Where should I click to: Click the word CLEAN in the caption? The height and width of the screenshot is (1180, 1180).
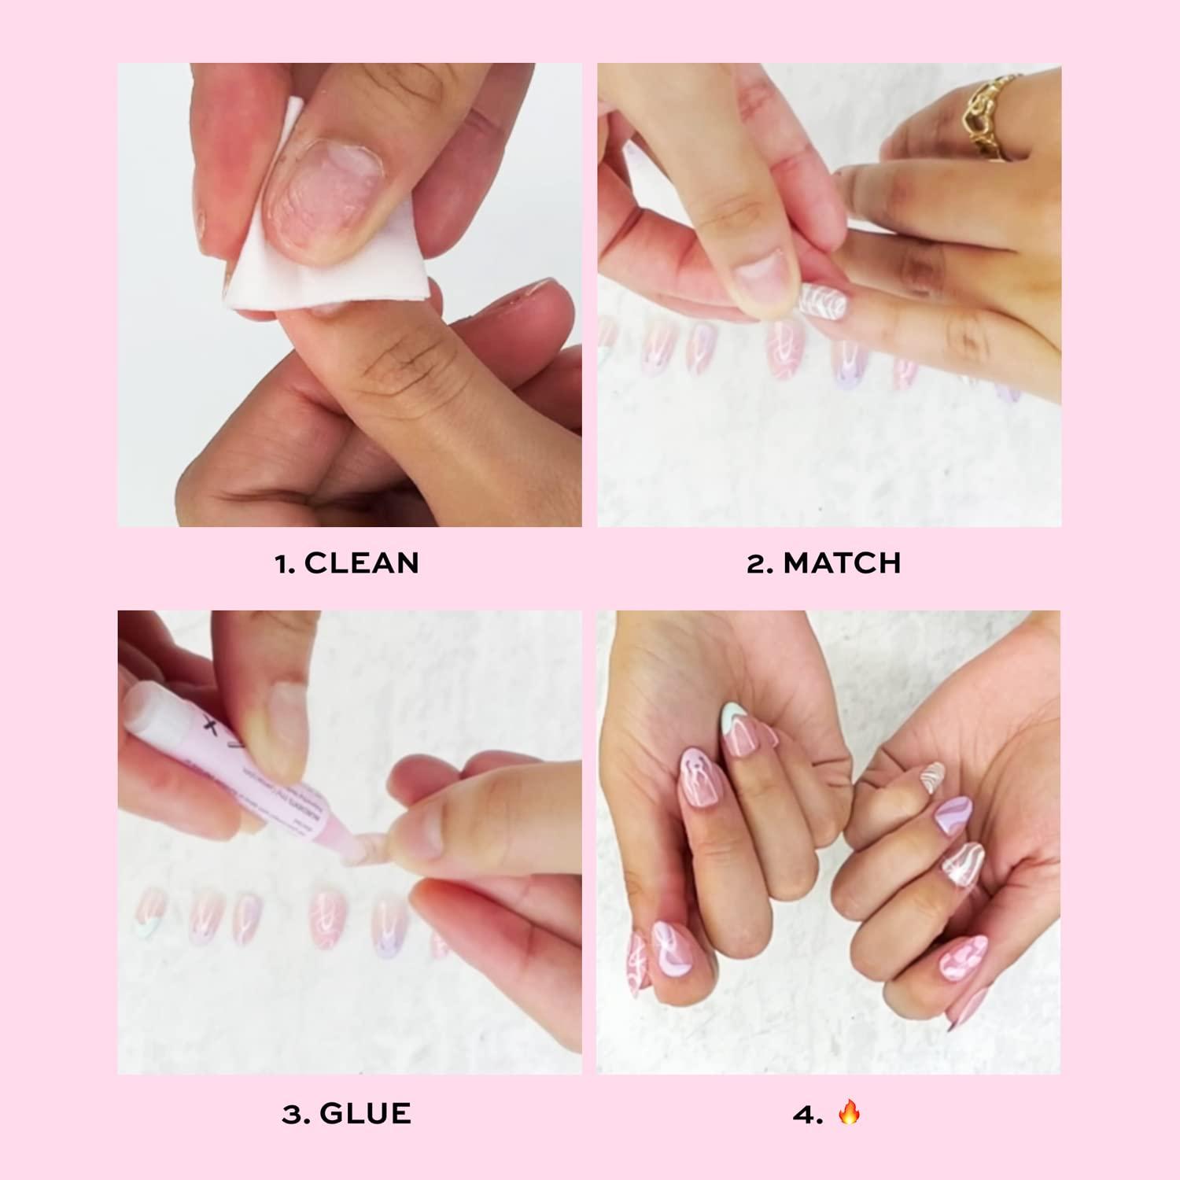pos(361,563)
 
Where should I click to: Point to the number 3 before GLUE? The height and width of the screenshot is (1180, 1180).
pos(291,1113)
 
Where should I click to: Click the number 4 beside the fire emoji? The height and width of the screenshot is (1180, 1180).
pos(804,1113)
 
